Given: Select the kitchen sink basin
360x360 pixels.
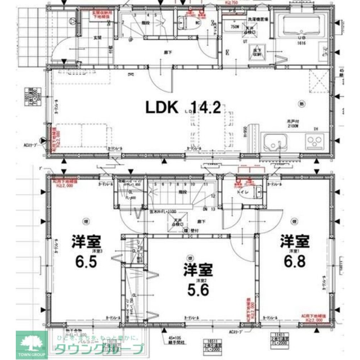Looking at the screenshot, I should click(275, 142).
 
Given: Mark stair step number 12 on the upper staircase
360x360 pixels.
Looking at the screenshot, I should click(213, 196).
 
